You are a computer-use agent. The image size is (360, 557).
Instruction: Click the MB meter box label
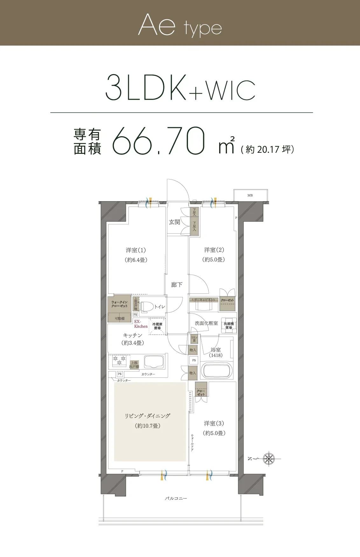250,195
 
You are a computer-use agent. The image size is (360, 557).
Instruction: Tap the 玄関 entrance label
174,222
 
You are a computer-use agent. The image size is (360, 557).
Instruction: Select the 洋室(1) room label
136,250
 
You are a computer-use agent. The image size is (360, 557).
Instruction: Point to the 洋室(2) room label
214,250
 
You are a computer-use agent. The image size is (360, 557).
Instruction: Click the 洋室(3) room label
214,423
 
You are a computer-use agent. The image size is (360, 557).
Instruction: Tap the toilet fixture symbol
147,307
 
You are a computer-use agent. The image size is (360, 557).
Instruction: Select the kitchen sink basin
154,362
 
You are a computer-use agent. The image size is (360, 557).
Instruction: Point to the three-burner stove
119,361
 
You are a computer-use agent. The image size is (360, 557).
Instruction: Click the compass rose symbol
269,459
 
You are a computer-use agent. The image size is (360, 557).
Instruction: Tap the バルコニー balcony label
176,498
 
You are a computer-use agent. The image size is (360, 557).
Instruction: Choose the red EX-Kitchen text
141,324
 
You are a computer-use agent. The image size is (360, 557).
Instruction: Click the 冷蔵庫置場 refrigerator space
157,326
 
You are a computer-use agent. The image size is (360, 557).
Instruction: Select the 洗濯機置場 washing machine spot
229,325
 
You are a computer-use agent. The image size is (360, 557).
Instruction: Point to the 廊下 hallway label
177,285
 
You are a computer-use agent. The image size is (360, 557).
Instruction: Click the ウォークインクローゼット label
119,304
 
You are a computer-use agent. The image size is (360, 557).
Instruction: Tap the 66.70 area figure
158,141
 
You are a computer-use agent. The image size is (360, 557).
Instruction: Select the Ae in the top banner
157,25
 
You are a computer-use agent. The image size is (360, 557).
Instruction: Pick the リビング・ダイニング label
147,416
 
